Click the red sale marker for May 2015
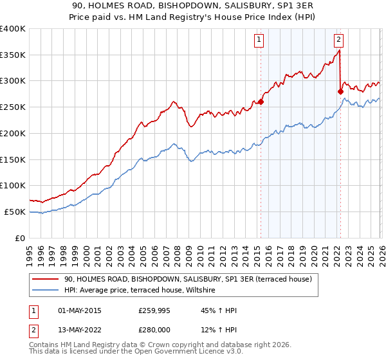261,101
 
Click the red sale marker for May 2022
340,91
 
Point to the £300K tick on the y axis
13,81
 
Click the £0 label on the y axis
20,238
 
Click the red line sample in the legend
46,279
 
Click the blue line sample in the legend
46,291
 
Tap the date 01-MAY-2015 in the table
79,310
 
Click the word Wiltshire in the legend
205,291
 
